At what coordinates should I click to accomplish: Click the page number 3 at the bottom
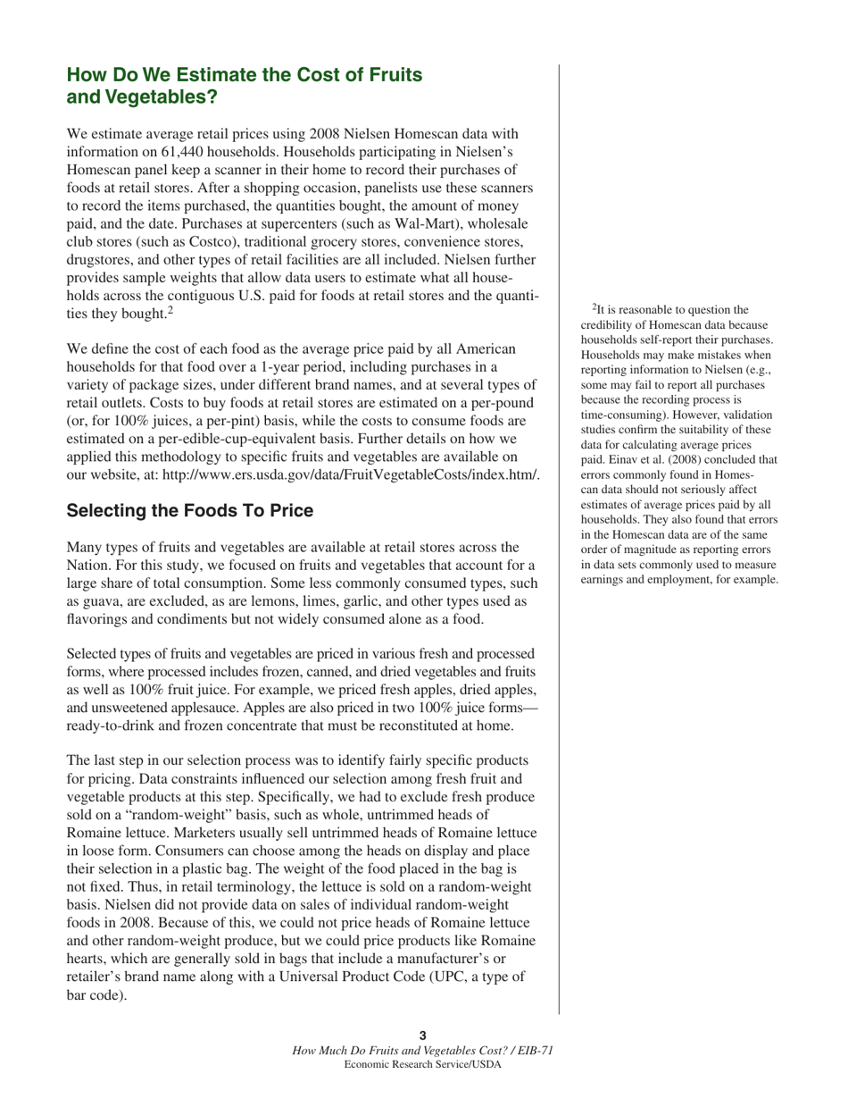coord(423,1036)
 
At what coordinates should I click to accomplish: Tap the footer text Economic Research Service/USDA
coord(423,1065)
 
